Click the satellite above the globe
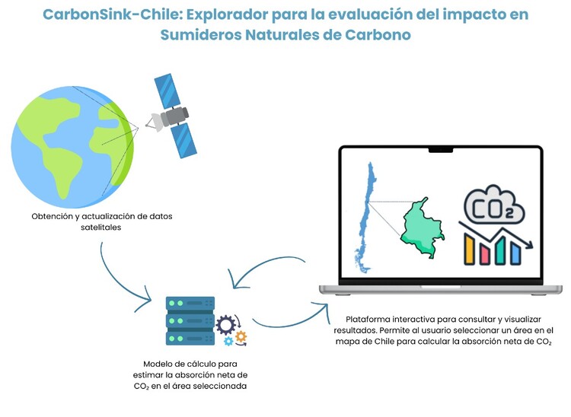tap(170, 115)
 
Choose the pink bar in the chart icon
tap(483, 253)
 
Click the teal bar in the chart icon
tap(499, 253)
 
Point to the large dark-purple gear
tap(225, 326)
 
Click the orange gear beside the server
tap(241, 336)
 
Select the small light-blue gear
tap(228, 342)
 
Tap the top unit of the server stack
tap(190, 303)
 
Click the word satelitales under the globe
tap(102, 228)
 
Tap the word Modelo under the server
tap(158, 364)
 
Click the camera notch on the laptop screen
tap(439, 150)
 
